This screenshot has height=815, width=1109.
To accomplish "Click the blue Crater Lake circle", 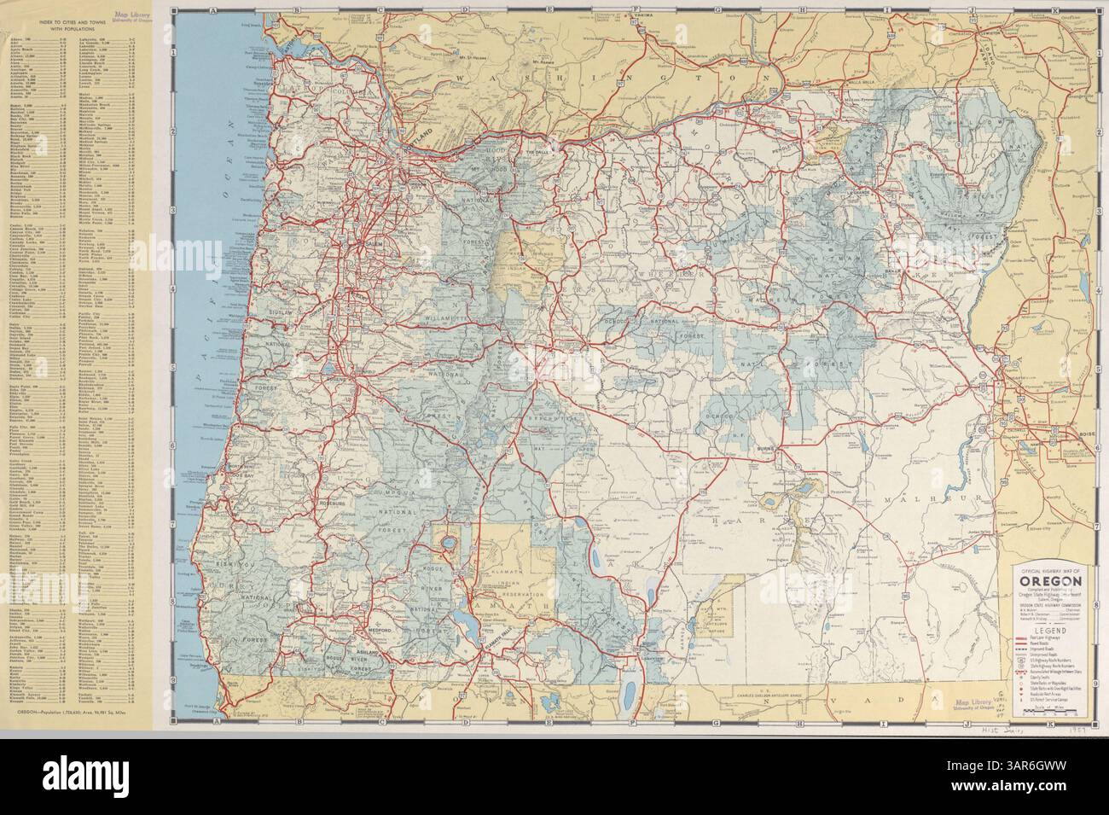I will pos(444,544).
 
